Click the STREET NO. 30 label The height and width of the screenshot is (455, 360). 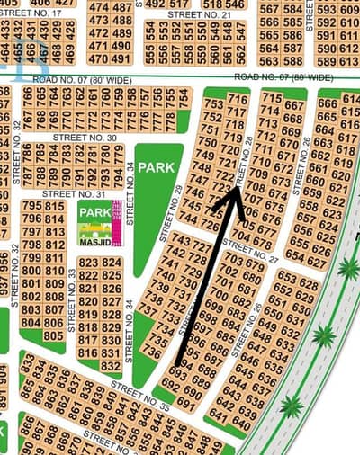[x=85, y=138]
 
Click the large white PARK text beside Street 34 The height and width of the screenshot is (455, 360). [x=159, y=167]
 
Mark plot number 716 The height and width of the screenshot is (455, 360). [x=238, y=99]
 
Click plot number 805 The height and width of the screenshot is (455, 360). [x=53, y=335]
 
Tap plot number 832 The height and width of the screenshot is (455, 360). [x=111, y=365]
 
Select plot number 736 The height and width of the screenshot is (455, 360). [x=153, y=353]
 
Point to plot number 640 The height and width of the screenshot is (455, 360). [x=240, y=423]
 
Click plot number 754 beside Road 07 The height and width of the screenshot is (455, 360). [x=183, y=94]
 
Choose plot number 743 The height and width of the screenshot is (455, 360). [x=179, y=241]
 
